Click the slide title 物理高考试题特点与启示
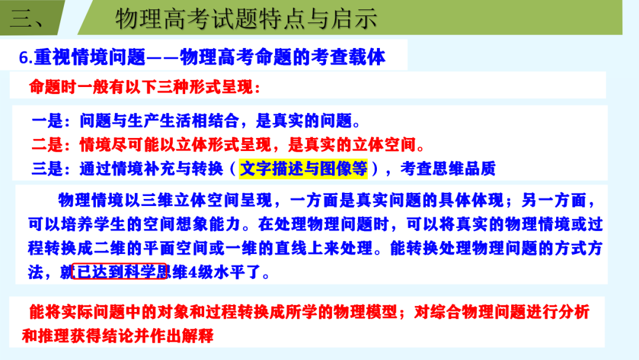(246, 19)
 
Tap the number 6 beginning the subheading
(24, 57)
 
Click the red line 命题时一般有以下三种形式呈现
(145, 86)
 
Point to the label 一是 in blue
(47, 121)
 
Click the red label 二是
(47, 144)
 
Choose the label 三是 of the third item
(47, 169)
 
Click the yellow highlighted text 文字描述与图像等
(304, 169)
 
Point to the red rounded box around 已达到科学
(119, 271)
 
